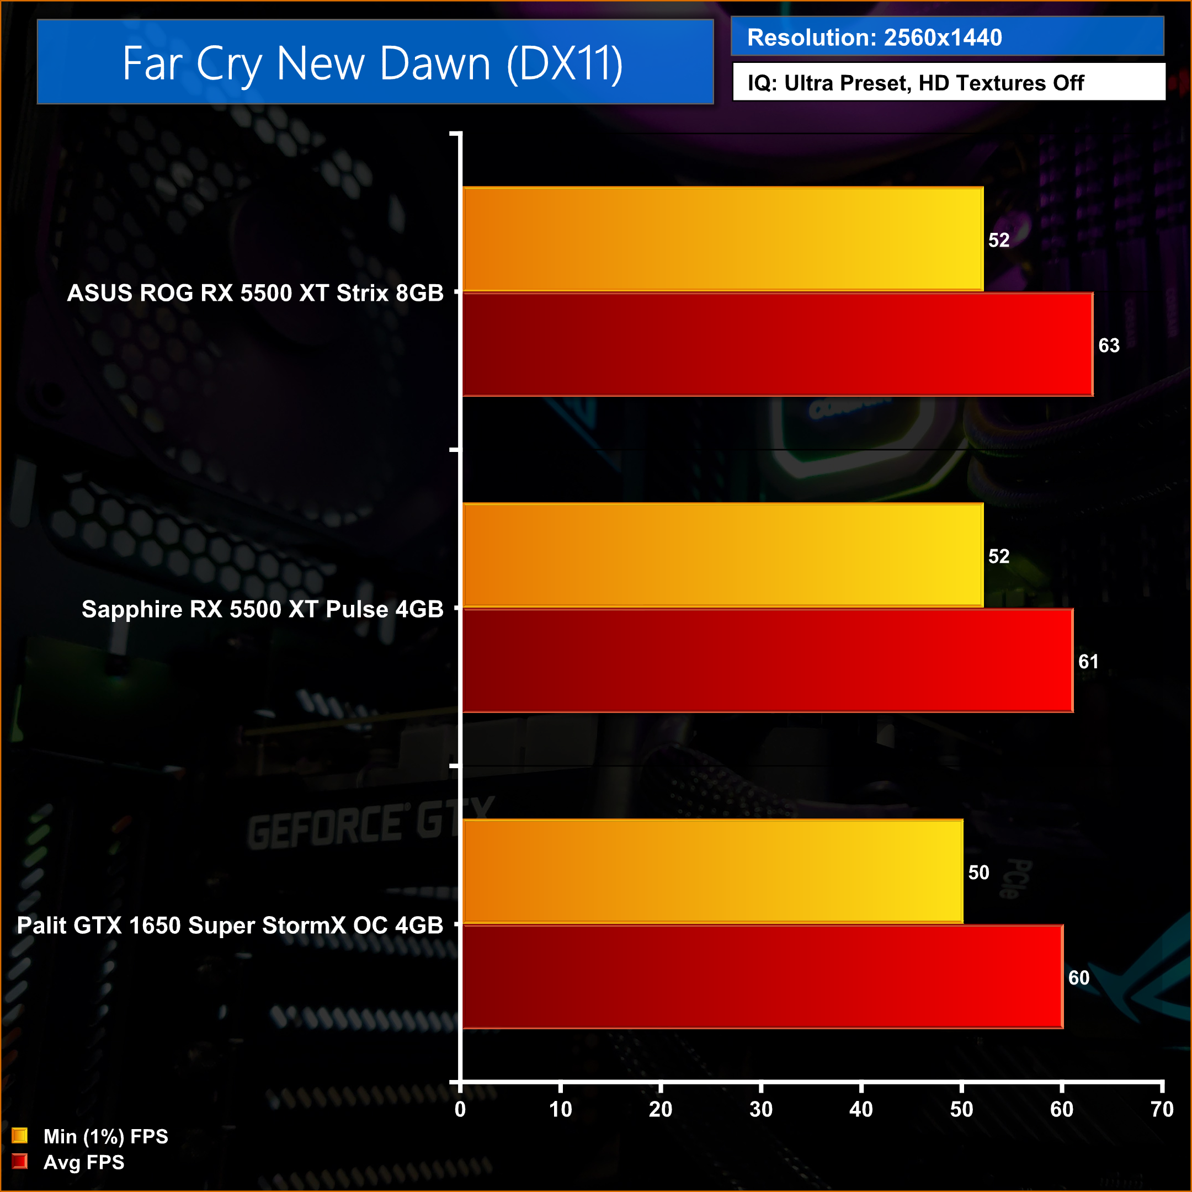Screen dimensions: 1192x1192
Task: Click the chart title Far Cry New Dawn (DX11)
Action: pyautogui.click(x=372, y=63)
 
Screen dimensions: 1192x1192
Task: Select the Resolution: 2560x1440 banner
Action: pyautogui.click(x=874, y=38)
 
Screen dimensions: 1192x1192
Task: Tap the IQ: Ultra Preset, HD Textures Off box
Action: pyautogui.click(x=916, y=83)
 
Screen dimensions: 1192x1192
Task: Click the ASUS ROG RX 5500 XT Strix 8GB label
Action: pyautogui.click(x=255, y=293)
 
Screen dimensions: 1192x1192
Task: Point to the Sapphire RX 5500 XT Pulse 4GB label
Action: pyautogui.click(x=262, y=609)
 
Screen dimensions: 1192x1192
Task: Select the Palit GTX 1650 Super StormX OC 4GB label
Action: pyautogui.click(x=230, y=925)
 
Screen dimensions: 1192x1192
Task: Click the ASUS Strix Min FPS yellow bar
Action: pyautogui.click(x=722, y=239)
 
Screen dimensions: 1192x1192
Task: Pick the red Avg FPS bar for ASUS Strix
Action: pyautogui.click(x=778, y=344)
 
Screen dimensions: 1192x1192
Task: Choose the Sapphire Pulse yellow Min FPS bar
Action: pyautogui.click(x=722, y=555)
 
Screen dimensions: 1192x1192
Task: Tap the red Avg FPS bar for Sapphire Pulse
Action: pyautogui.click(x=768, y=661)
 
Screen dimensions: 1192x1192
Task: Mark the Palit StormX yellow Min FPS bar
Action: pyautogui.click(x=712, y=871)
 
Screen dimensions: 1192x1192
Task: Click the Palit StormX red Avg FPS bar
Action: pyautogui.click(x=763, y=977)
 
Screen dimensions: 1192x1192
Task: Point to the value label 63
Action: pyautogui.click(x=1109, y=345)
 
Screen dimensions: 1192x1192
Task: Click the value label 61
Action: pyautogui.click(x=1088, y=662)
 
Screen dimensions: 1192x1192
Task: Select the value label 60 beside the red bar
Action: pyautogui.click(x=1078, y=978)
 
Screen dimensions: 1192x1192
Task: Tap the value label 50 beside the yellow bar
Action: pyautogui.click(x=978, y=872)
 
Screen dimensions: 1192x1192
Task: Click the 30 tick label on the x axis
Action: pyautogui.click(x=761, y=1109)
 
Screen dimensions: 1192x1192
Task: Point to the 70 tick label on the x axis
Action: pyautogui.click(x=1162, y=1109)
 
